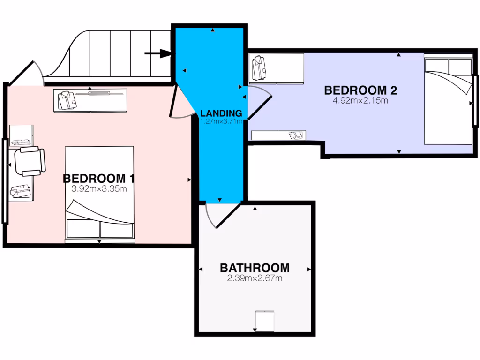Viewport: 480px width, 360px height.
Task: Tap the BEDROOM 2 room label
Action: tap(357, 90)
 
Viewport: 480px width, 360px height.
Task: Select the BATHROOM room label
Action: tap(255, 268)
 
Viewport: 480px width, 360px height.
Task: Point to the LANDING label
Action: tap(221, 113)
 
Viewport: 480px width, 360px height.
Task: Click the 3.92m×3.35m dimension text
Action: tap(99, 189)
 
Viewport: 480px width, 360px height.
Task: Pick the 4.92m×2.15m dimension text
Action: tap(357, 100)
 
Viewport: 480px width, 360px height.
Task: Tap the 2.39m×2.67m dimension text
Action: tap(255, 278)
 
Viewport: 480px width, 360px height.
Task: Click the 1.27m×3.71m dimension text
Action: tap(221, 121)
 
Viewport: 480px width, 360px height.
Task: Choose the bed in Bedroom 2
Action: tap(448, 99)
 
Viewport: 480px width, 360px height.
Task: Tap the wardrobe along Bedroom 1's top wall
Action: tap(90, 100)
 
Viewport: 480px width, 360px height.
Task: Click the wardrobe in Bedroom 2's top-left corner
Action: tap(277, 68)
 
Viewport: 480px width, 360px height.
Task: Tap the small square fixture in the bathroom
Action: tap(264, 321)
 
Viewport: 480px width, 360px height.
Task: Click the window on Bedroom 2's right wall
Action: tap(475, 101)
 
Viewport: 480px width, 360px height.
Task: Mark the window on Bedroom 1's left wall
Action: tap(5, 180)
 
